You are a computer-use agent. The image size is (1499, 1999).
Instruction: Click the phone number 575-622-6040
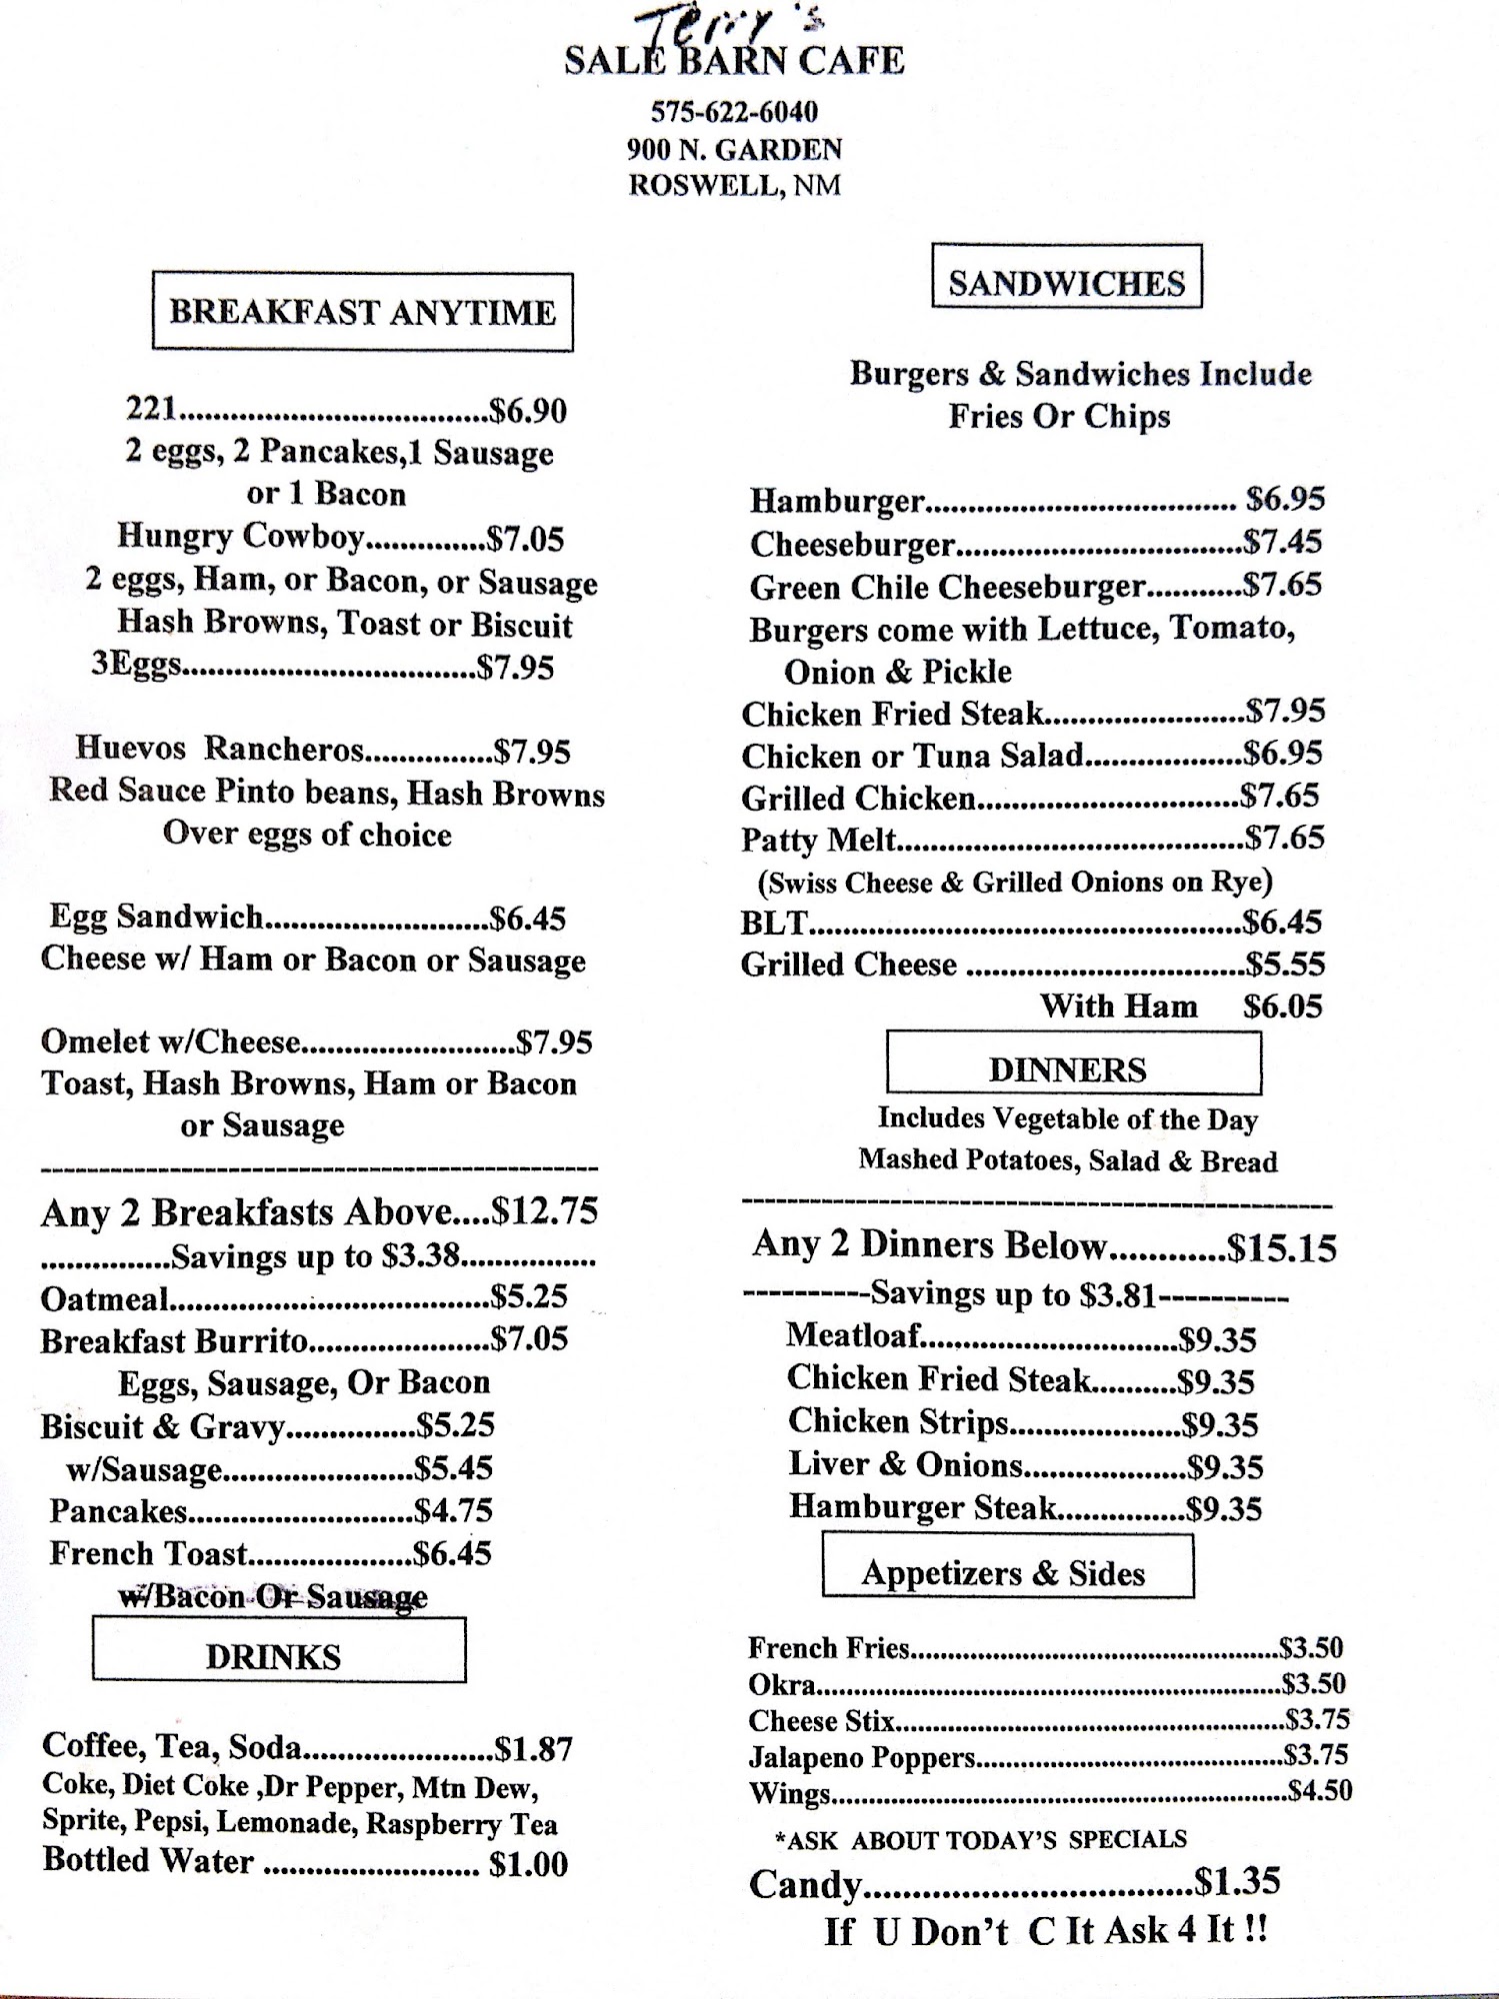734,111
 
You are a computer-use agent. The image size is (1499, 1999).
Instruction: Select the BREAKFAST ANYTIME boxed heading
362,312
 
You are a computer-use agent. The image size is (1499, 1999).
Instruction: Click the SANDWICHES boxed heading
1066,283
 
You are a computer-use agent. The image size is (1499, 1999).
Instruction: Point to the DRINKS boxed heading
274,1656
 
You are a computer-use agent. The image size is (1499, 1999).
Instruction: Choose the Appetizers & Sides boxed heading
1003,1572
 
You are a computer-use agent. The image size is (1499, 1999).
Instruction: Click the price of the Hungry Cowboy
526,539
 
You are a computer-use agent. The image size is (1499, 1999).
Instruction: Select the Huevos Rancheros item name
220,750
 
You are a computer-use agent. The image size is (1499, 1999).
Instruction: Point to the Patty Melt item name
819,840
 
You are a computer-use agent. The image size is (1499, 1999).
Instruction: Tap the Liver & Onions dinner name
906,1465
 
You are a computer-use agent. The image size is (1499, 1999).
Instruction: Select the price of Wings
1320,1790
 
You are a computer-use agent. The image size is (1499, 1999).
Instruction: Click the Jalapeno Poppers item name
862,1756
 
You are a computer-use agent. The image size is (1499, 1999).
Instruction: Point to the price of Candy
1238,1882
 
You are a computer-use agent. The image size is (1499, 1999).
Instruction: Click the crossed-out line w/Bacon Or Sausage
273,1596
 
